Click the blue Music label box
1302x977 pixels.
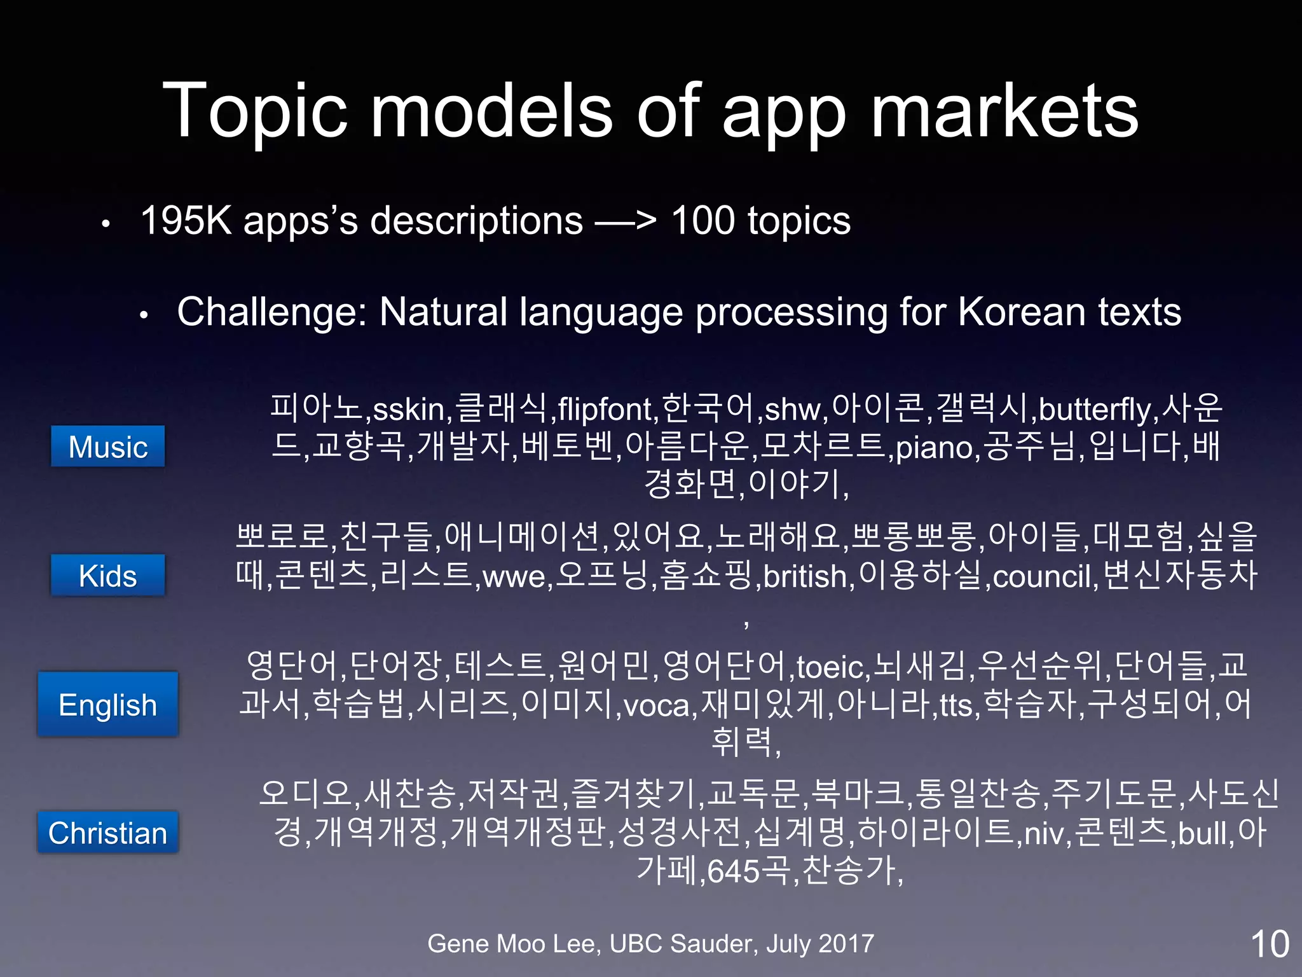click(x=107, y=447)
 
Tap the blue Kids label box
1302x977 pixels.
click(x=107, y=576)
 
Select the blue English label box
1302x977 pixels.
click(x=107, y=705)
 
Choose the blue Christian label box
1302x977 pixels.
click(x=107, y=833)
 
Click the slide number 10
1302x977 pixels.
click(x=1269, y=944)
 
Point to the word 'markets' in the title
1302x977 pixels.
click(x=1004, y=111)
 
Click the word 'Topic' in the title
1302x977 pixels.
click(x=255, y=111)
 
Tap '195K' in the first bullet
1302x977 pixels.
click(x=186, y=221)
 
